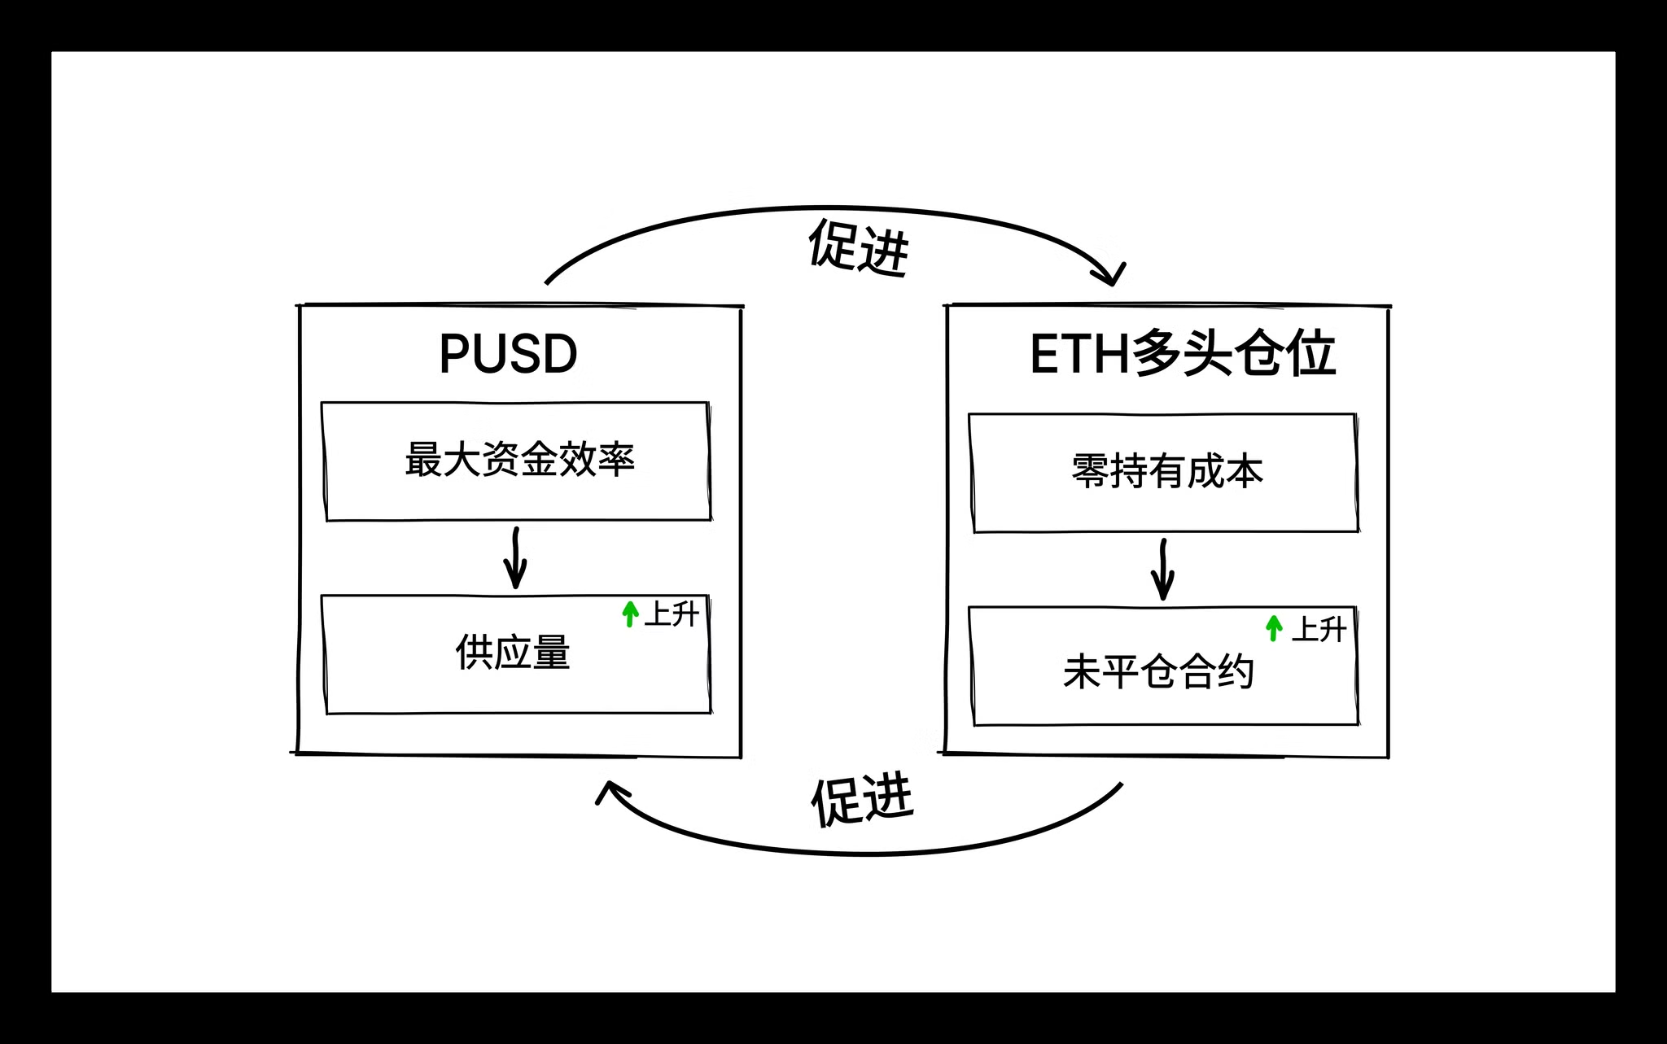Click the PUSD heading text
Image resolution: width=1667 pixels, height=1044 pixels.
tap(508, 354)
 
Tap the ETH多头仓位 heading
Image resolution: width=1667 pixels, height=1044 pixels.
tap(1182, 354)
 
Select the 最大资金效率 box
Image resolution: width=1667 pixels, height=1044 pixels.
tap(517, 461)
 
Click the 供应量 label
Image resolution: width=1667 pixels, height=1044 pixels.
tap(513, 653)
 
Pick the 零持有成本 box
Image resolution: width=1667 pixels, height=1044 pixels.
tap(1164, 472)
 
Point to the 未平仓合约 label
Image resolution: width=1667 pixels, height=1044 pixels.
tap(1157, 672)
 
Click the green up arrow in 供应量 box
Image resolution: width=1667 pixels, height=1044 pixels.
tap(630, 614)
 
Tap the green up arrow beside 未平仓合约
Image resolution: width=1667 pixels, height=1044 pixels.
tap(1274, 627)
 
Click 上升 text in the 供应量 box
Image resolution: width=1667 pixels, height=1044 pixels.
tap(672, 614)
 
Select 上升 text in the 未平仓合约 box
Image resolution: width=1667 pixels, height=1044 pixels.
tap(1319, 629)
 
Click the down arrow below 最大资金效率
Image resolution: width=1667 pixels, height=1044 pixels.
tap(515, 558)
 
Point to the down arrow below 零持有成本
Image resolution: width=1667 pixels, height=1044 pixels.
tap(1162, 570)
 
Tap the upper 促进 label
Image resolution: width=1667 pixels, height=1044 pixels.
tap(858, 247)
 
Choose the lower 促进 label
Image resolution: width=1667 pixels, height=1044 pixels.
tap(862, 801)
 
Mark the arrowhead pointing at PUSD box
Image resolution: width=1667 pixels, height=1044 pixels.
tap(610, 791)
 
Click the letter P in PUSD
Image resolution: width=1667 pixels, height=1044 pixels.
tap(453, 354)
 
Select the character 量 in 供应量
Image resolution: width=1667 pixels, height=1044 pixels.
tap(551, 653)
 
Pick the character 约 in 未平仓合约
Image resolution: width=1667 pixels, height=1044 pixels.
tap(1234, 672)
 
